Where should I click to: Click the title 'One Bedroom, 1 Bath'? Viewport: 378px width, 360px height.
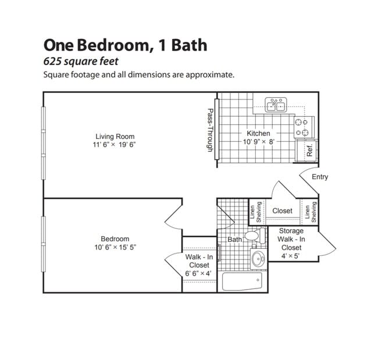[125, 45]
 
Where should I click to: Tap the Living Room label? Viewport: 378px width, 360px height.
[119, 137]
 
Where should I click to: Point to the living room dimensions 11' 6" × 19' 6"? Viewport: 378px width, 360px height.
[119, 145]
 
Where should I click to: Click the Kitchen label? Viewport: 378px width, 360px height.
[258, 133]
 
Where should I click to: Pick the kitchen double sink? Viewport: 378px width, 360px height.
[275, 105]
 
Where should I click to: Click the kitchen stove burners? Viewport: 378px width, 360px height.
[301, 127]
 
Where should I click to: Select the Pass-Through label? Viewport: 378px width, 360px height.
[211, 131]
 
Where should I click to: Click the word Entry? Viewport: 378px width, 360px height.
[320, 177]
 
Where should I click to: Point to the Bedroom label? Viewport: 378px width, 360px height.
[115, 238]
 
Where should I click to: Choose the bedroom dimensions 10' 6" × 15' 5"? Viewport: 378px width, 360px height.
[115, 247]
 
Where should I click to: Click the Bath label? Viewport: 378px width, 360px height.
[234, 239]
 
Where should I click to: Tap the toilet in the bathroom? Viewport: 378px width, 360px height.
[254, 236]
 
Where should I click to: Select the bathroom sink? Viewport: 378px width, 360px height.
[258, 259]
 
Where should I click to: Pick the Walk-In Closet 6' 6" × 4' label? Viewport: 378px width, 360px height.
[199, 265]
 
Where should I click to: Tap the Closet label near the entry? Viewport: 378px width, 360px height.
[283, 211]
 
